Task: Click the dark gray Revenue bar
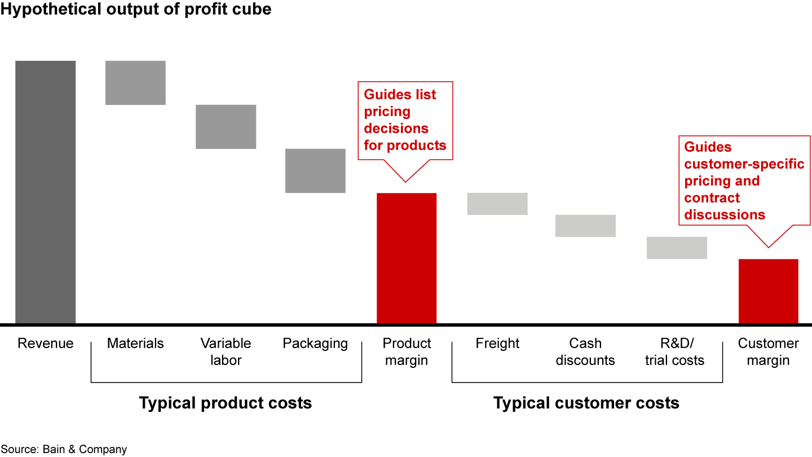click(x=45, y=192)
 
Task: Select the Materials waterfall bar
click(x=135, y=82)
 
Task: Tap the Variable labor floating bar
click(x=226, y=126)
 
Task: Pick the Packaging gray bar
click(x=315, y=170)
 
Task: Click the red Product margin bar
click(x=407, y=258)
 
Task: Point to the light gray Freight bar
click(x=497, y=204)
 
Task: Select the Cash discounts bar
click(x=585, y=226)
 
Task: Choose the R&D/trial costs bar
click(x=677, y=248)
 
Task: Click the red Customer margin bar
click(x=768, y=291)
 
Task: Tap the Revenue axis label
click(x=45, y=344)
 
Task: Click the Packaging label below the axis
click(x=315, y=344)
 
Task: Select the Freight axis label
click(x=497, y=344)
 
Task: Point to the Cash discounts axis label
click(x=585, y=351)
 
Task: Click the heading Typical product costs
click(x=226, y=403)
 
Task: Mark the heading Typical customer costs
click(x=586, y=403)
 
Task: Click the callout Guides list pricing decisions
click(x=405, y=120)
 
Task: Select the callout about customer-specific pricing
click(x=744, y=181)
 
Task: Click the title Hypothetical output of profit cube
click(x=136, y=10)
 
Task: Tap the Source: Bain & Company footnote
click(x=64, y=449)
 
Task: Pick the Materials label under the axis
click(x=135, y=344)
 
